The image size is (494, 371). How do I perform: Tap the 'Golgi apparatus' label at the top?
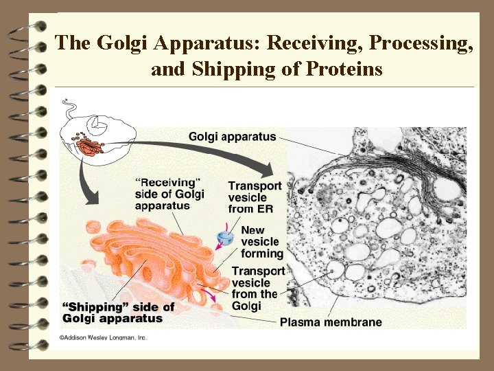click(233, 137)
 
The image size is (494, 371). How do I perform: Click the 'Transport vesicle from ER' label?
click(255, 197)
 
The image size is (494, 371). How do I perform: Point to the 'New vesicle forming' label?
click(261, 242)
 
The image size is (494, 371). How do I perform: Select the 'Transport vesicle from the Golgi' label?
click(258, 288)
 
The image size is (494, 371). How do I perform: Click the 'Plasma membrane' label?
click(331, 322)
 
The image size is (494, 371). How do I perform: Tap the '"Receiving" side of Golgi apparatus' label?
click(169, 194)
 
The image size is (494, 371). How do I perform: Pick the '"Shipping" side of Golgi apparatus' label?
click(118, 313)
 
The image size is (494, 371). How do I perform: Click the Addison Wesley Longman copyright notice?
click(102, 337)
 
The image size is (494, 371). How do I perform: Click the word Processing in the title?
click(421, 43)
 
